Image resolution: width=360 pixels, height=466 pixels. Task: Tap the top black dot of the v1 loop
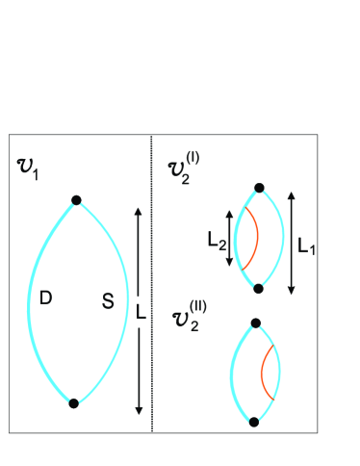click(76, 200)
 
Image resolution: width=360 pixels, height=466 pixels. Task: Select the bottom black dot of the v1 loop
click(73, 403)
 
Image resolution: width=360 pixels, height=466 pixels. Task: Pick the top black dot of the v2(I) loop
click(259, 189)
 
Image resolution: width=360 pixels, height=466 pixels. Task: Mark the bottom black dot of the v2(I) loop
click(258, 287)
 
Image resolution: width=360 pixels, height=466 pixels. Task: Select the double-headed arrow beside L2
click(228, 238)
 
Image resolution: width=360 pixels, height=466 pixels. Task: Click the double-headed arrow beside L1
click(292, 241)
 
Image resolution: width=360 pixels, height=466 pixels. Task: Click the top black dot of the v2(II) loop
click(255, 324)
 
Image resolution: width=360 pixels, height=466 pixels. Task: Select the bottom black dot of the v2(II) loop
click(254, 422)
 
